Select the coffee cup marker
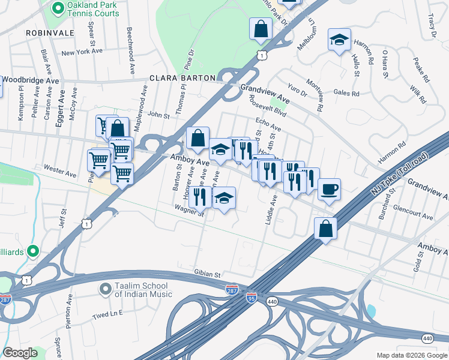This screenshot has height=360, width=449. [329, 190]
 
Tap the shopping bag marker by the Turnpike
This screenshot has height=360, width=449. [325, 229]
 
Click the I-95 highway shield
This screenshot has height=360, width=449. [251, 298]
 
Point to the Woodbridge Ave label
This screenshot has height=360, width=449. [31, 80]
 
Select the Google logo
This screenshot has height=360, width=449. [20, 353]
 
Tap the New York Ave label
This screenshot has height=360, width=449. [83, 53]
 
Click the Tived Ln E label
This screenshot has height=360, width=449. [107, 313]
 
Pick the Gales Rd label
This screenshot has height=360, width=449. [346, 93]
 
